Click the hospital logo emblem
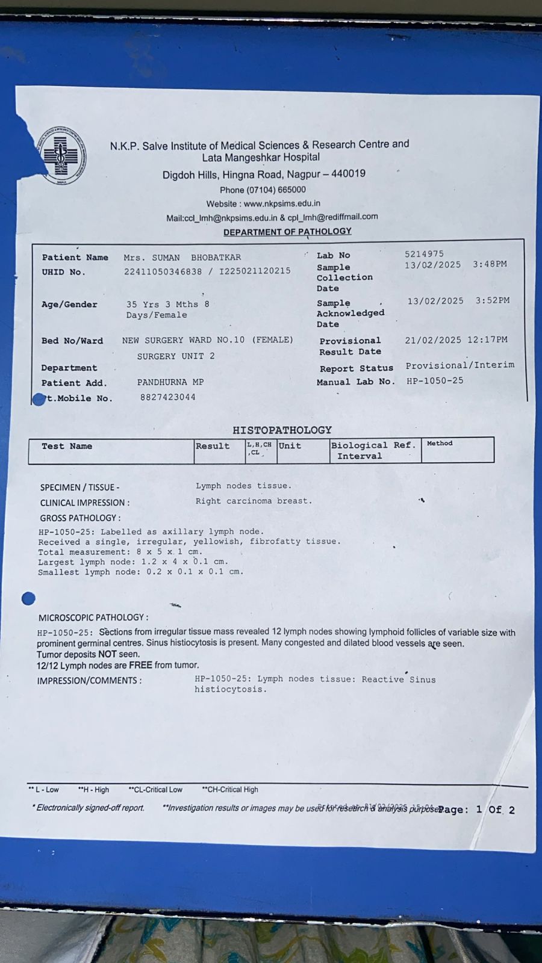tap(62, 155)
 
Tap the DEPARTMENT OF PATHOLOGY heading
tap(287, 232)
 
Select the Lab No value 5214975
tap(424, 254)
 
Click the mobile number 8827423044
tap(167, 397)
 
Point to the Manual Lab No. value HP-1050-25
tap(435, 380)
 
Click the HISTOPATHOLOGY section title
tap(282, 430)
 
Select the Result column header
tap(213, 446)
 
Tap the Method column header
tap(440, 444)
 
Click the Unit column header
tap(290, 446)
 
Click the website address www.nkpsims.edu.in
tap(282, 203)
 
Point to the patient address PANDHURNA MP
tap(170, 382)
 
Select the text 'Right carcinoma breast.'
tap(254, 501)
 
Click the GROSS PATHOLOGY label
tap(80, 518)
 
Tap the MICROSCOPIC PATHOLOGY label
tap(93, 618)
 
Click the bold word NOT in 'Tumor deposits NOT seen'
tap(107, 654)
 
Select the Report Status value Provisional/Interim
tap(459, 365)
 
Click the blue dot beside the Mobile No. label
tap(39, 399)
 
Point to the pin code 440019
tap(348, 173)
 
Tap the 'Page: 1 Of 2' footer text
tap(476, 810)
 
